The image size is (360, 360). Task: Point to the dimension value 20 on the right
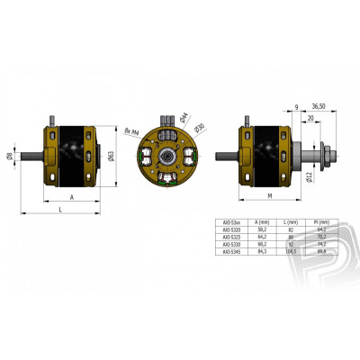click(x=310, y=117)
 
